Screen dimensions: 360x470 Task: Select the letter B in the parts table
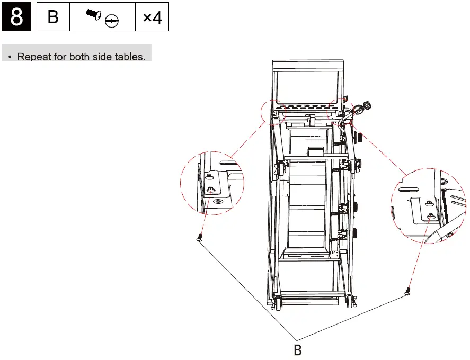pyautogui.click(x=53, y=17)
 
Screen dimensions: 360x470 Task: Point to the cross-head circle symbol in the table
pyautogui.click(x=111, y=21)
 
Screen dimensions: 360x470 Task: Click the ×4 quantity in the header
pyautogui.click(x=152, y=17)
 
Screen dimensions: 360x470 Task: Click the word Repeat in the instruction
pyautogui.click(x=34, y=57)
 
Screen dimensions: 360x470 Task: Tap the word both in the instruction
pyautogui.click(x=80, y=57)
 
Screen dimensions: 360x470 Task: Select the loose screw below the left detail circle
pyautogui.click(x=200, y=238)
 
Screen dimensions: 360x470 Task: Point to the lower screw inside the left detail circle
pyautogui.click(x=211, y=189)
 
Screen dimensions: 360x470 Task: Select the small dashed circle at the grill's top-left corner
pyautogui.click(x=276, y=112)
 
